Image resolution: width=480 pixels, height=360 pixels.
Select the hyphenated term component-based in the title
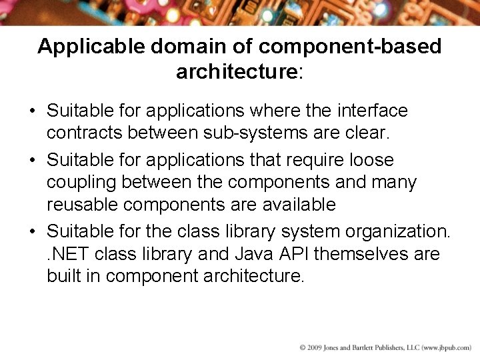(x=350, y=46)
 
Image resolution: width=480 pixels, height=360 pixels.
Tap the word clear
(x=366, y=132)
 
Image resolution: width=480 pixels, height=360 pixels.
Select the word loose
(x=370, y=160)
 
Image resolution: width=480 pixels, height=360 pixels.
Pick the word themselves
(x=360, y=254)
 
